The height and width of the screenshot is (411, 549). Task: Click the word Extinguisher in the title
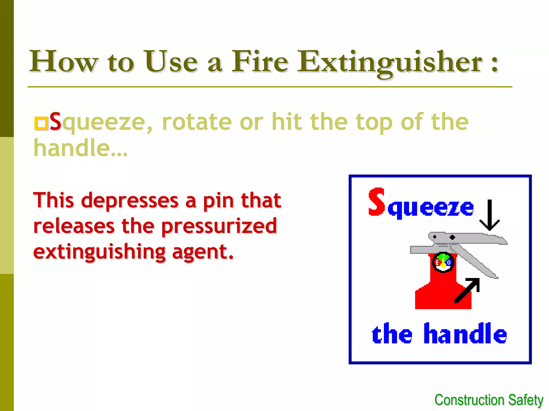tap(390, 62)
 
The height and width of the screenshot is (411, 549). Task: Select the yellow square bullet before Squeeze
tap(41, 123)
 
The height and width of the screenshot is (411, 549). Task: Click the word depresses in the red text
tap(130, 201)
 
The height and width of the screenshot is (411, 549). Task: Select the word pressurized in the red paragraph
tap(219, 226)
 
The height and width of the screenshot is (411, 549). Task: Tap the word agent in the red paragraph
tap(202, 252)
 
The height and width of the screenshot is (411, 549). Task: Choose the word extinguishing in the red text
tap(99, 252)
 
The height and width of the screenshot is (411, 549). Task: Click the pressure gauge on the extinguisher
tap(443, 262)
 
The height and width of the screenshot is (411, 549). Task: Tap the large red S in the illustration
tap(376, 202)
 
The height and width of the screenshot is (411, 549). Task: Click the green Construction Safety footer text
tap(489, 400)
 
